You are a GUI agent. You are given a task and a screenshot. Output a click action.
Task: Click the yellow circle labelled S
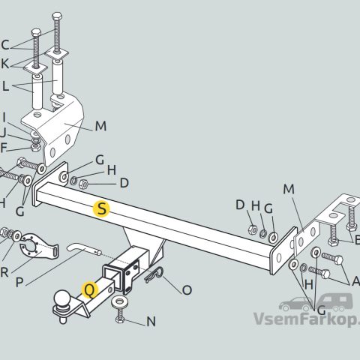(x=101, y=208)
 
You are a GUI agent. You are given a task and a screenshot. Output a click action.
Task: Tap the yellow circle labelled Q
(x=90, y=290)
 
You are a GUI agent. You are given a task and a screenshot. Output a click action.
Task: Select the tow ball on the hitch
(x=62, y=298)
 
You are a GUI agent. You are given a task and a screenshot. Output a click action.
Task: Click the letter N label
(x=151, y=322)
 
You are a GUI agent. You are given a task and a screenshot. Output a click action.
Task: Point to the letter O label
(x=187, y=290)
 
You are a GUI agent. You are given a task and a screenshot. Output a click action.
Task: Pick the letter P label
(x=19, y=283)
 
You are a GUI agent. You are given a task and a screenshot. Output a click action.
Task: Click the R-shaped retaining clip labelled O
(x=154, y=274)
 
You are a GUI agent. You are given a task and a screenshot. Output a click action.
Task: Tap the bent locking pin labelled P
(x=84, y=249)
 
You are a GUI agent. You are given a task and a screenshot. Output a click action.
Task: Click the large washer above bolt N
(x=120, y=301)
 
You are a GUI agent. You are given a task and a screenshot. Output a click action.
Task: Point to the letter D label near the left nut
(x=124, y=183)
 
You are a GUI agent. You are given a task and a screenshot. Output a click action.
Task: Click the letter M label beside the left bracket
(x=100, y=126)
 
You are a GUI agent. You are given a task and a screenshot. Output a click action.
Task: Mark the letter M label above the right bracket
(x=289, y=189)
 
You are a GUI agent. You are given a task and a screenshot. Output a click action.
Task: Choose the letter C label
(x=5, y=45)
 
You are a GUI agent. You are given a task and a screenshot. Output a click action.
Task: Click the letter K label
(x=5, y=64)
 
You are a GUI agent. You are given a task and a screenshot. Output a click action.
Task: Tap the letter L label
(x=5, y=86)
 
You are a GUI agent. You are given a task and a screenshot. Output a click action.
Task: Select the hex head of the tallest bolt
(x=57, y=16)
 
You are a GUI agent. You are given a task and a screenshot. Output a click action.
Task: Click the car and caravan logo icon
(x=316, y=302)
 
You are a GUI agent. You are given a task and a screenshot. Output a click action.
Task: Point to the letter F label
(x=3, y=148)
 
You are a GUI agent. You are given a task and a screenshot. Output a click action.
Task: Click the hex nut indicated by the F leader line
(x=36, y=147)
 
